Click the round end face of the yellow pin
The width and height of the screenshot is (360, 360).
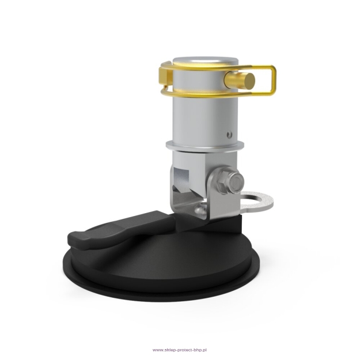click(x=249, y=79)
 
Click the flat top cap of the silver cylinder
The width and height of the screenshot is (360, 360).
click(x=205, y=60)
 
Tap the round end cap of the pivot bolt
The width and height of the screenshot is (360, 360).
click(x=237, y=182)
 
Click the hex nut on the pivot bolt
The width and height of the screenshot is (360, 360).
click(x=225, y=181)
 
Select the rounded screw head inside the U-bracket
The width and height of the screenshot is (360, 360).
click(x=200, y=209)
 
